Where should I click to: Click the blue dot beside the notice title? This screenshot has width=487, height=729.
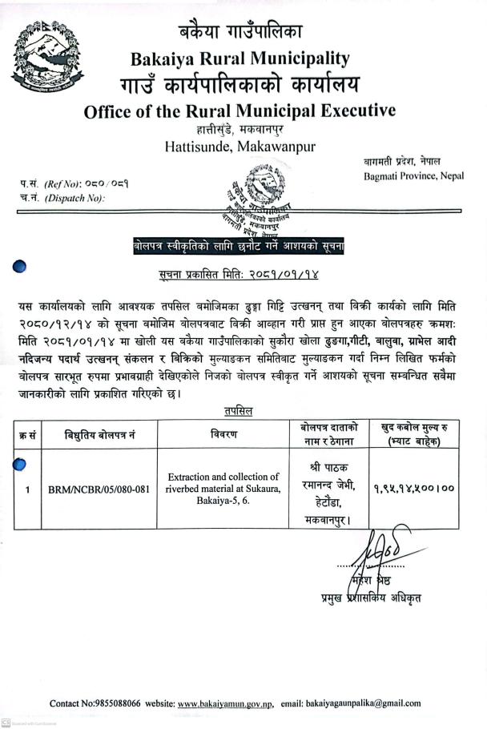coord(22,267)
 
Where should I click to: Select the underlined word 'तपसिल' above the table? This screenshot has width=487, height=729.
coord(237,411)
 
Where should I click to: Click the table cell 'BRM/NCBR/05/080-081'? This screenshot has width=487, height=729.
coord(99,488)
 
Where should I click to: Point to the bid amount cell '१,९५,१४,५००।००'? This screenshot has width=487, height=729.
coord(413,486)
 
